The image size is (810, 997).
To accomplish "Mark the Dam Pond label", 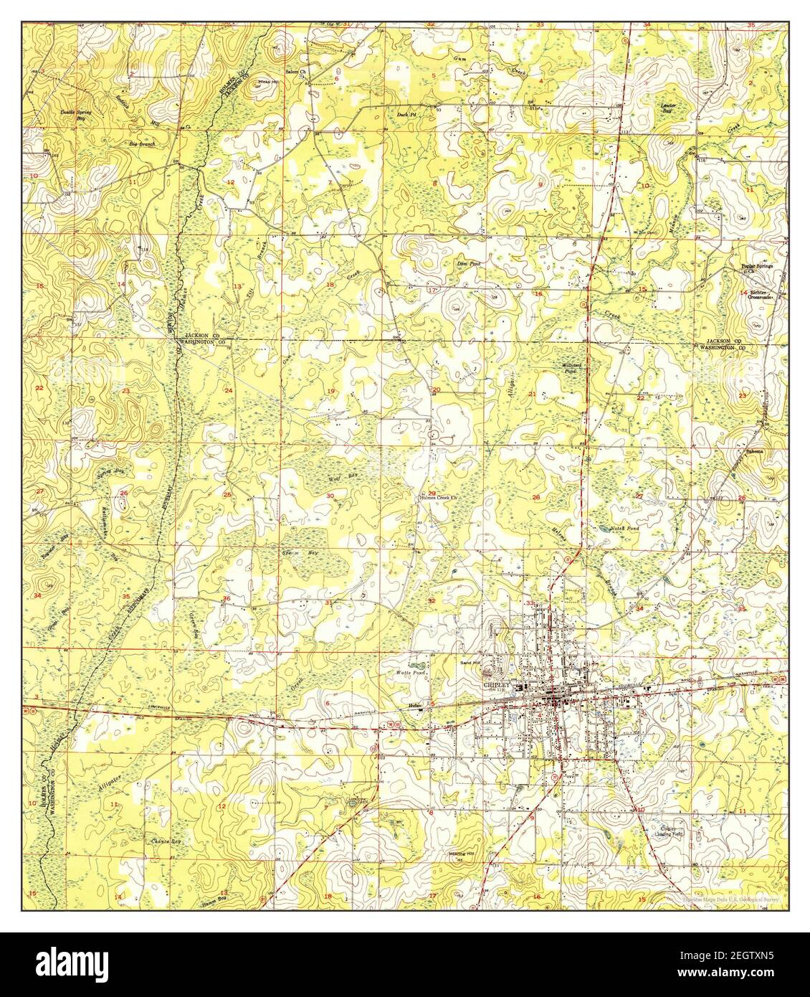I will pos(467,263).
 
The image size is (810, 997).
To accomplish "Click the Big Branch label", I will pos(141,144).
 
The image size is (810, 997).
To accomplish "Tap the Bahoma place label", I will pos(752,451).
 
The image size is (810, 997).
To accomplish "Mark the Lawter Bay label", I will pos(667,107).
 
